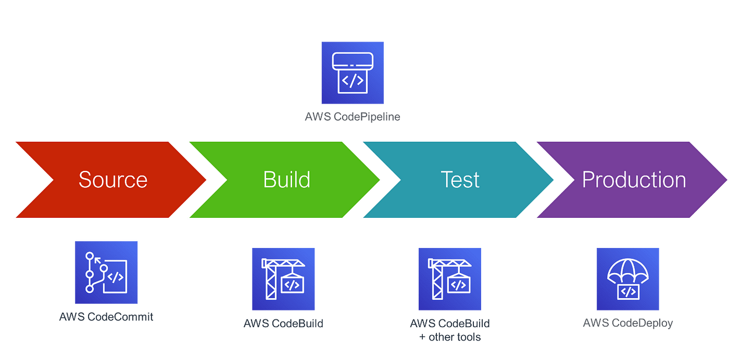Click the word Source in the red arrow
(113, 180)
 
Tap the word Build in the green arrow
(286, 180)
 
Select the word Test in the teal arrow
(460, 180)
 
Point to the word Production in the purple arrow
(634, 180)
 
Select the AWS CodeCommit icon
(106, 272)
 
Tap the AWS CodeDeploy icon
(627, 279)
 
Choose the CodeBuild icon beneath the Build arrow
(284, 279)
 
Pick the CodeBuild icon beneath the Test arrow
(449, 279)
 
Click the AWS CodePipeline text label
(353, 117)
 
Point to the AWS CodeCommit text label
(106, 316)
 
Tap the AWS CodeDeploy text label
(628, 323)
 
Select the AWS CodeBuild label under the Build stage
(284, 323)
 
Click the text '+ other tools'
(450, 337)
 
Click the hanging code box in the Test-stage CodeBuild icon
(458, 285)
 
